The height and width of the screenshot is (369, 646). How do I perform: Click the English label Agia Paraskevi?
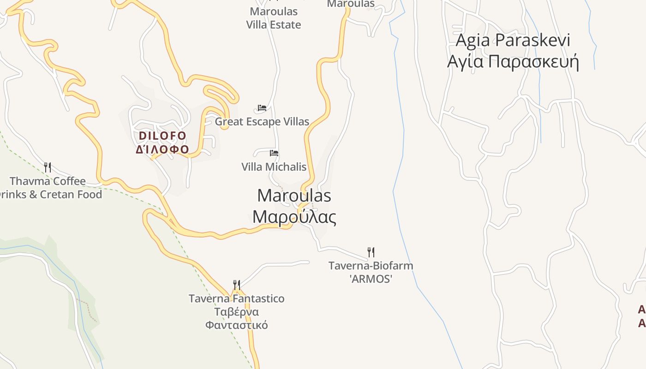513,40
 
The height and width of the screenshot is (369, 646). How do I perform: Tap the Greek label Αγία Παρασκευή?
513,61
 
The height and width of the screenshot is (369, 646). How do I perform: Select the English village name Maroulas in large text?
294,196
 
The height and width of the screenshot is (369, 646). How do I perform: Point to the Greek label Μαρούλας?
294,216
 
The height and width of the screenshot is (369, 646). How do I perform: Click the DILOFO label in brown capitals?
162,136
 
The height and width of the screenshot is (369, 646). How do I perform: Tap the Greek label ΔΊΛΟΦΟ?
162,149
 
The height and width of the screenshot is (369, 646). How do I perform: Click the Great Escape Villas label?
262,122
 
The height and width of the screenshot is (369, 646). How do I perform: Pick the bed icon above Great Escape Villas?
262,108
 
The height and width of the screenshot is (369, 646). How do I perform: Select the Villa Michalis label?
274,167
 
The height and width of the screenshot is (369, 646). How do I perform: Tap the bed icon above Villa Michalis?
274,153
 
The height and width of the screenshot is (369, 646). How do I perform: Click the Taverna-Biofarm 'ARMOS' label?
371,272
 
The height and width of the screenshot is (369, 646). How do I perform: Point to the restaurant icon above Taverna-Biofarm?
371,252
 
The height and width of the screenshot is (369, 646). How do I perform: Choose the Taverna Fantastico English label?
236,298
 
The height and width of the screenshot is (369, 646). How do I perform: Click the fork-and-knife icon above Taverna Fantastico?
236,285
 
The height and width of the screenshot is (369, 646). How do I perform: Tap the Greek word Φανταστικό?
236,325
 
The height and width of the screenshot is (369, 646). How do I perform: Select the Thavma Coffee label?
48,181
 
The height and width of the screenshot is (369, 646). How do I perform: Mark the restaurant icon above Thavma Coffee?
47,167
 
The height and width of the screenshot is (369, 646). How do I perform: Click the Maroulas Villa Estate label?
274,18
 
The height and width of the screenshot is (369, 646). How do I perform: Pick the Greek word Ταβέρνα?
236,312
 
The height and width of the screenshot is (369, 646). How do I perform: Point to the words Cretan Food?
71,194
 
